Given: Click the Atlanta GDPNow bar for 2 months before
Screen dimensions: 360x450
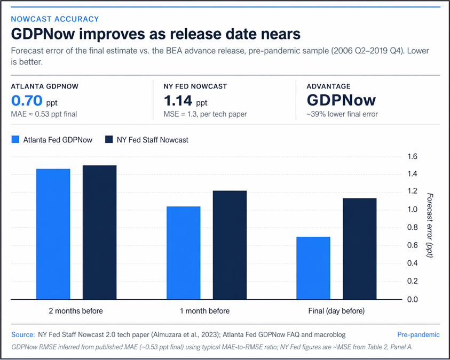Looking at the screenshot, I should [x=53, y=234].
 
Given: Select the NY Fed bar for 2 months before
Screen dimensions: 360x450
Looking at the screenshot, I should [x=99, y=233].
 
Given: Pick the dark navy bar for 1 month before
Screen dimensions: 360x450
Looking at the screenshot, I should [x=230, y=245].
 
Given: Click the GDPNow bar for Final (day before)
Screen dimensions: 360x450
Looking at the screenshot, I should [x=313, y=268].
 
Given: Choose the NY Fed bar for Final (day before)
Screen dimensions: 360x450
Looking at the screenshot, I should [x=360, y=249].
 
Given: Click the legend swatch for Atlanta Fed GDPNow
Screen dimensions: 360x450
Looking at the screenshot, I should [x=15, y=140].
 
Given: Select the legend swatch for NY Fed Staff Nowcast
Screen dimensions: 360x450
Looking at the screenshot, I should [x=108, y=140].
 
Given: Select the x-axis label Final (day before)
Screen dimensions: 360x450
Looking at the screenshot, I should [x=336, y=311].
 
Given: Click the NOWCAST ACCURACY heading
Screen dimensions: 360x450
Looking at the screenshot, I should [x=55, y=19].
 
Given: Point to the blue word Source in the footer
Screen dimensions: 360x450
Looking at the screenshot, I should [x=22, y=335].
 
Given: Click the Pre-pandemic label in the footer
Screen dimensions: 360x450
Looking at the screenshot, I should [x=419, y=335].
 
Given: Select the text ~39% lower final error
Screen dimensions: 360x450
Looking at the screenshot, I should [x=342, y=114].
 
